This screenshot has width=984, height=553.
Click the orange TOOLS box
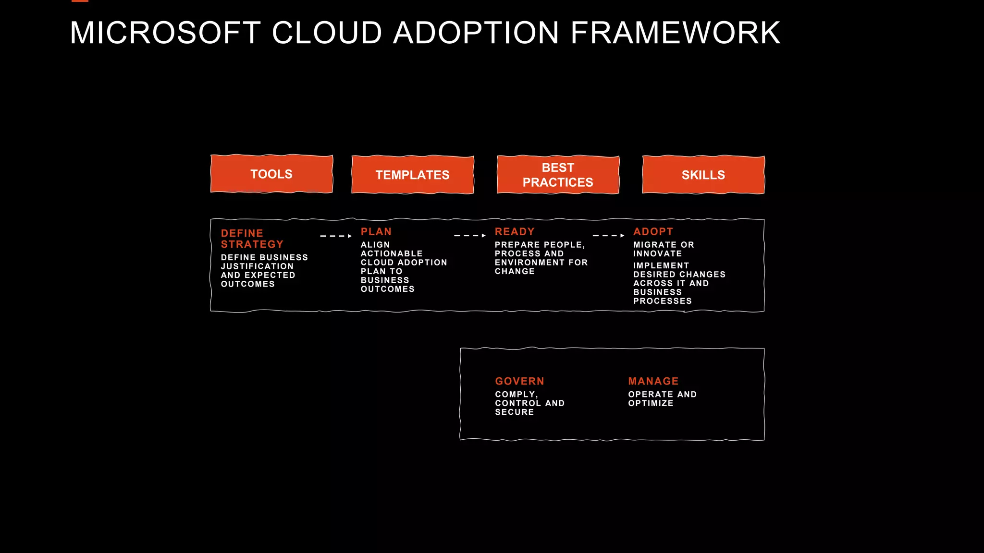[x=271, y=174]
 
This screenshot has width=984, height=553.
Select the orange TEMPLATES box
[x=413, y=175]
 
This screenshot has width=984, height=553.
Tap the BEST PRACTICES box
[x=558, y=175]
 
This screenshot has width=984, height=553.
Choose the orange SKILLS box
[x=703, y=175]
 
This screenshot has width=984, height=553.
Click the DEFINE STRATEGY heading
[x=252, y=239]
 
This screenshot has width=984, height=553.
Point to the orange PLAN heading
[x=376, y=232]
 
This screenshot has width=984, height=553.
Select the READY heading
[x=515, y=232]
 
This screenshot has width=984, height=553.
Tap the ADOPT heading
[x=653, y=232]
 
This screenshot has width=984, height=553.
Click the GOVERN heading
[x=519, y=381]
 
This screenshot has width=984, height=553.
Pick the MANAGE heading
[x=653, y=381]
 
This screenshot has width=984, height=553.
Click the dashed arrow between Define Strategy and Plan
[x=336, y=236]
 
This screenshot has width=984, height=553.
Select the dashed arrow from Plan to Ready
[x=470, y=236]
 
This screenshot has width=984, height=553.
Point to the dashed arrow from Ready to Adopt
[x=608, y=236]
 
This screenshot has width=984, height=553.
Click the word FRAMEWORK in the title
[x=675, y=33]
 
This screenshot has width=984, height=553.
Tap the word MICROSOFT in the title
[x=165, y=33]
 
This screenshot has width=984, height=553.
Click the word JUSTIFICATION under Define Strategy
[x=257, y=266]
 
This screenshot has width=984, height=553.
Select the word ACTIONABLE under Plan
[x=392, y=253]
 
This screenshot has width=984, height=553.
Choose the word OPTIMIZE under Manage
[x=651, y=403]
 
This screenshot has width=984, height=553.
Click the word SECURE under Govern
[x=514, y=412]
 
